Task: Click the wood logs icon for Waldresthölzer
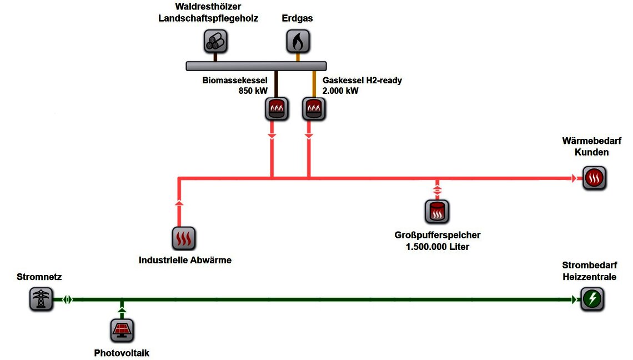[215, 41]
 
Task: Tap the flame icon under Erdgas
[298, 41]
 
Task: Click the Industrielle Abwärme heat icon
[184, 238]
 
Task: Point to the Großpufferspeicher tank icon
[437, 212]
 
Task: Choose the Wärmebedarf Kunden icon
[594, 179]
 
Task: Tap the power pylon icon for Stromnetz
[41, 299]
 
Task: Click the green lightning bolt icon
[592, 299]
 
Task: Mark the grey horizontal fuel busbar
[256, 66]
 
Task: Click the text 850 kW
[253, 91]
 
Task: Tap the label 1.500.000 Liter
[438, 246]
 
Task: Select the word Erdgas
[298, 18]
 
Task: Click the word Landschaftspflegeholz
[208, 18]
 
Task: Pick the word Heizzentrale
[589, 277]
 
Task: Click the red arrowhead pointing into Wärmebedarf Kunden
[574, 178]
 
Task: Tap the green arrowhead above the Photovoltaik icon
[123, 310]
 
